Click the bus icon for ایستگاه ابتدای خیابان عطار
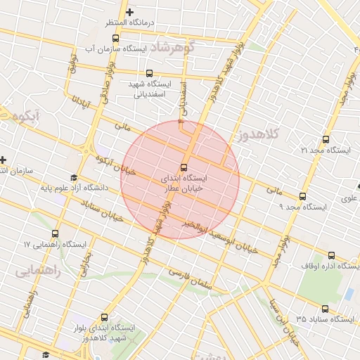184,168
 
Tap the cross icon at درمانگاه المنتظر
129,12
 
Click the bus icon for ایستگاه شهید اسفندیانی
148,72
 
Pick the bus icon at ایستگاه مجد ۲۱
325,139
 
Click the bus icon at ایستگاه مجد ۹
303,196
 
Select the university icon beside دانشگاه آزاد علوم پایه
74,178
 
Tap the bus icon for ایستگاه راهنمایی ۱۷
56,233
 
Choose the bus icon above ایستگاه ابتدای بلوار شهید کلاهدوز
105,316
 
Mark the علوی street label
349,199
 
